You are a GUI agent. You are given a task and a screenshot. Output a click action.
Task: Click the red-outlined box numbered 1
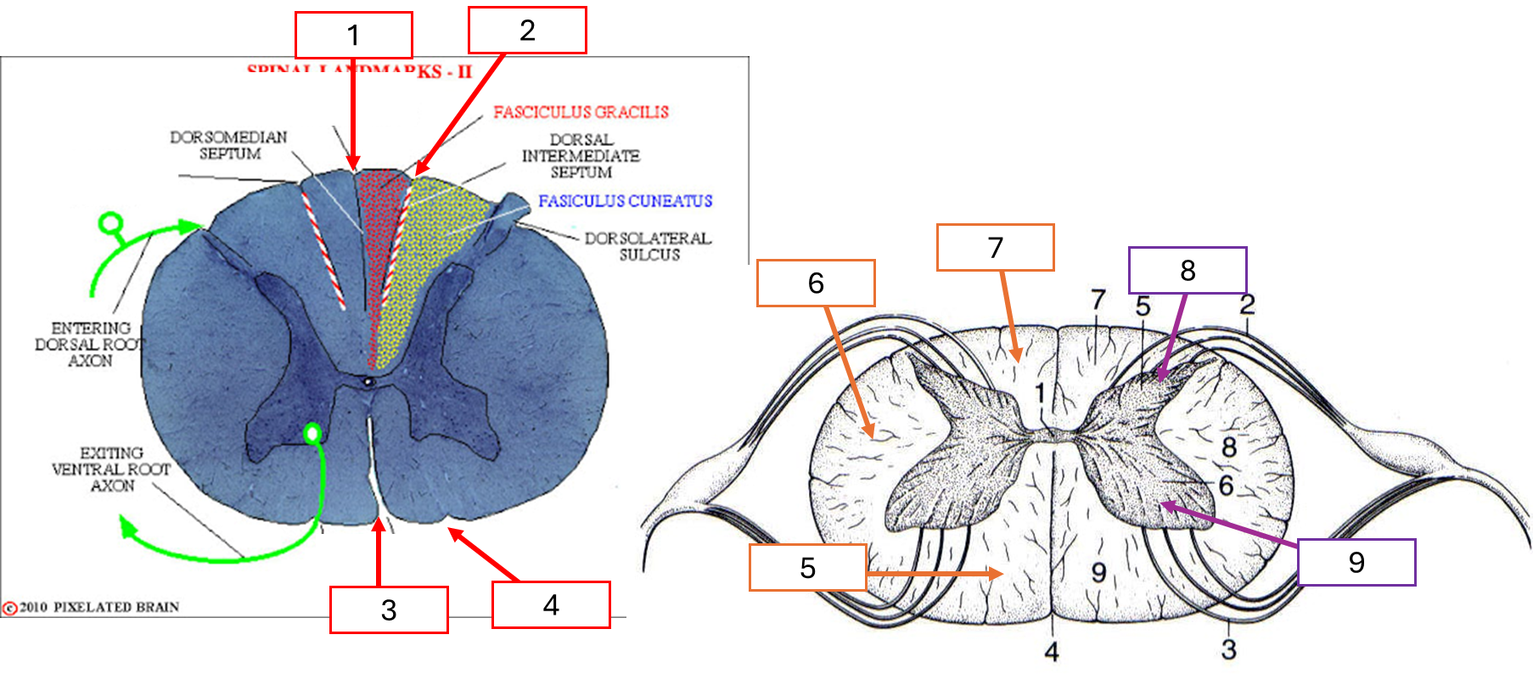pos(353,36)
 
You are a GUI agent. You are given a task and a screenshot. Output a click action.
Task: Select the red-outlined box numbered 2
pos(527,31)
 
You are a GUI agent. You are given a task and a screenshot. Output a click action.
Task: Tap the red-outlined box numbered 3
pos(389,609)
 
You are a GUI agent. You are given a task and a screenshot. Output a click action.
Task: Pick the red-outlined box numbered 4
pos(551,604)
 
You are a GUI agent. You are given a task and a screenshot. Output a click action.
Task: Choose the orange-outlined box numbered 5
pos(807,567)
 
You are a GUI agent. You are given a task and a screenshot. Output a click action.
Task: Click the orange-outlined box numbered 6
pos(816,283)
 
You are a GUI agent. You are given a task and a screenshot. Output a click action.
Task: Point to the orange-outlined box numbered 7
pos(995,247)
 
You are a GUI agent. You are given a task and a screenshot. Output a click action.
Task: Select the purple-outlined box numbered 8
pos(1187,270)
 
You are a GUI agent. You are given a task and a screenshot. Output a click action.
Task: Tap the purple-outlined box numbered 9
pos(1356,562)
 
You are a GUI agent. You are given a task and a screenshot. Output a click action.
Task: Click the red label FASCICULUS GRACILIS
pos(581,112)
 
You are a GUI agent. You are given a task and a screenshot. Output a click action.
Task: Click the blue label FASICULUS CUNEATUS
pos(625,201)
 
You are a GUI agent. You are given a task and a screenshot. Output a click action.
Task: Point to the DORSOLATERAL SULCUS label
pos(648,246)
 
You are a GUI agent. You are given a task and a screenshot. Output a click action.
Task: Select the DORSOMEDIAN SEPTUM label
pos(229,145)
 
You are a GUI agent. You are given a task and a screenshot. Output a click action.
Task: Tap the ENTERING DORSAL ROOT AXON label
pos(90,344)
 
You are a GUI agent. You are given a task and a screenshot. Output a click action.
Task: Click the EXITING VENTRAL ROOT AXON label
pos(111,469)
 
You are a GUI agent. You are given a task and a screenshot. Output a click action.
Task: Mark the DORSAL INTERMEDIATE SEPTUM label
pos(581,156)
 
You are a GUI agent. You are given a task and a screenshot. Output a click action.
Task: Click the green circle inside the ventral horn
pos(312,434)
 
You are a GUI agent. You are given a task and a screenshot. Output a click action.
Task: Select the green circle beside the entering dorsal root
pos(110,224)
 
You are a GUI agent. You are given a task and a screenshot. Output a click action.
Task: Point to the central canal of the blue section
pos(368,382)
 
